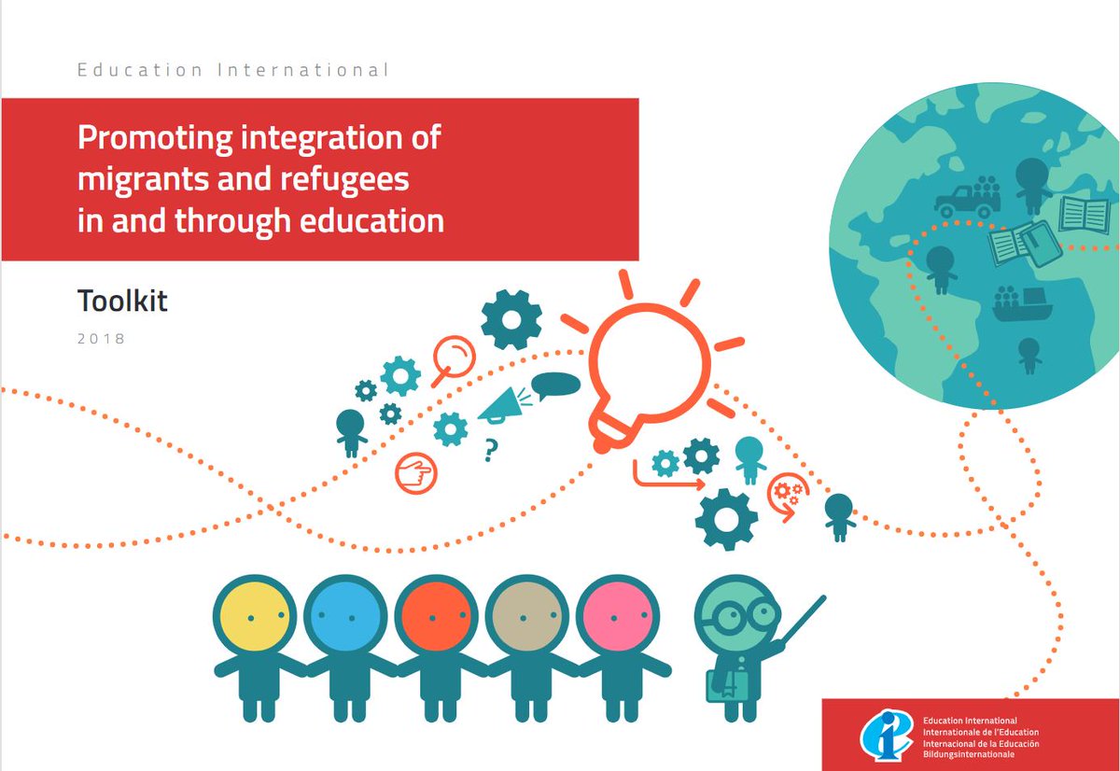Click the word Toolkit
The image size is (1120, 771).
(122, 301)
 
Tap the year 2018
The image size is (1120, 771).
(101, 339)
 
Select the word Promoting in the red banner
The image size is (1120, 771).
(155, 138)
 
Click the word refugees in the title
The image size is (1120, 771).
(344, 179)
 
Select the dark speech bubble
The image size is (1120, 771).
(555, 385)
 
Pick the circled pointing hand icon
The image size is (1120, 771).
(416, 473)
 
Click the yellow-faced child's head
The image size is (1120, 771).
(255, 616)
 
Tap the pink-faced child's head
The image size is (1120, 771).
(618, 616)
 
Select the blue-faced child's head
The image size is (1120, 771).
(345, 616)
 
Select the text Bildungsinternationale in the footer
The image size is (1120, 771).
(969, 754)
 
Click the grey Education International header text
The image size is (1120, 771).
(233, 70)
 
